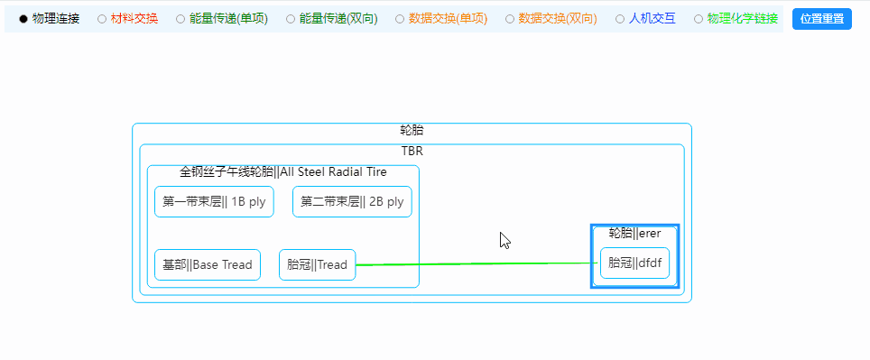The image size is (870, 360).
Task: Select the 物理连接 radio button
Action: coord(23,19)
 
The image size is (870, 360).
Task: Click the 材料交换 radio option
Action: coord(102,19)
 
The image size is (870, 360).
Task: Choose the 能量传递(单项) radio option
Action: coord(180,19)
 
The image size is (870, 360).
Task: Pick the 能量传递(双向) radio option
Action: coord(290,19)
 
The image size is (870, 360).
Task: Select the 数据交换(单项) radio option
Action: coord(400,19)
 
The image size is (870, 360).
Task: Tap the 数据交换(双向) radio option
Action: coord(510,19)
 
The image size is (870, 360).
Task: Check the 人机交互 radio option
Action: coord(620,19)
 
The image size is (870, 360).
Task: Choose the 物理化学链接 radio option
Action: coord(699,19)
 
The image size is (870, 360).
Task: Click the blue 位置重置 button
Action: coord(822,19)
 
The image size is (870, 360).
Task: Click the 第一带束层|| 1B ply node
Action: coord(214,202)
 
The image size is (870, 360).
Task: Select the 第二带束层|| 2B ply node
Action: coord(352,202)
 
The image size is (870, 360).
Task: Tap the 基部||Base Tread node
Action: coord(208,265)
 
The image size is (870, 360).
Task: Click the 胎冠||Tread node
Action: coord(317,265)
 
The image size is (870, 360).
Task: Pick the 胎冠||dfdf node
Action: coord(634,263)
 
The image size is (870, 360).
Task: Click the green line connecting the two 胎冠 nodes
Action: coord(469,263)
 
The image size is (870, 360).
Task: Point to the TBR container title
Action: coord(412,152)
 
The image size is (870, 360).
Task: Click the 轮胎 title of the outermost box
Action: coord(412,131)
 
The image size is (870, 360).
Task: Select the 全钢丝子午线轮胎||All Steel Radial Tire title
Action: coord(283,172)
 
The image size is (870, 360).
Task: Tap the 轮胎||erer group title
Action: coord(634,234)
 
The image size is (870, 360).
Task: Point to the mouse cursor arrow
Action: coord(504,240)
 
